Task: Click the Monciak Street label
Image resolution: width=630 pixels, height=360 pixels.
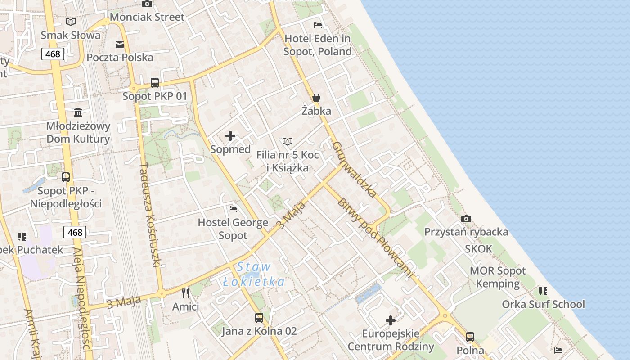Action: pyautogui.click(x=147, y=17)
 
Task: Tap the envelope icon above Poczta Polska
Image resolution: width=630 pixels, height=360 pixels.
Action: pyautogui.click(x=120, y=44)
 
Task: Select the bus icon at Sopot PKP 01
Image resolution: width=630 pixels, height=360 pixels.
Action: pyautogui.click(x=155, y=82)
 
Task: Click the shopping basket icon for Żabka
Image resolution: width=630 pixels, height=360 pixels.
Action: pyautogui.click(x=316, y=98)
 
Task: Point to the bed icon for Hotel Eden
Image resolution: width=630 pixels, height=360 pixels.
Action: pyautogui.click(x=318, y=25)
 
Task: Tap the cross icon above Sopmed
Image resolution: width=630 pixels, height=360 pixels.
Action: pyautogui.click(x=230, y=136)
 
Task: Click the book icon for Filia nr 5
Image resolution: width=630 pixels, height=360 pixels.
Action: pyautogui.click(x=288, y=142)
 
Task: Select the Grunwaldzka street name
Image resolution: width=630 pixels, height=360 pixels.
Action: pyautogui.click(x=354, y=170)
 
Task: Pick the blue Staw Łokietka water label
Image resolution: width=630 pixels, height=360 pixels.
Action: pyautogui.click(x=254, y=274)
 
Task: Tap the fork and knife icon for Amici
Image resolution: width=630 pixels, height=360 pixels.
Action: pyautogui.click(x=185, y=293)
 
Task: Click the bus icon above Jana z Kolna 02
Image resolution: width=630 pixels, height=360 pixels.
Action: pyautogui.click(x=259, y=318)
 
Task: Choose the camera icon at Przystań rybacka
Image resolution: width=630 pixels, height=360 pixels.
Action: pyautogui.click(x=466, y=219)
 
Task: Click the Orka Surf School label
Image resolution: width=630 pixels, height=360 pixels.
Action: pyautogui.click(x=543, y=304)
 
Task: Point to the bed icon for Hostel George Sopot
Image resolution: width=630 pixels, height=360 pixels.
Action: pyautogui.click(x=233, y=209)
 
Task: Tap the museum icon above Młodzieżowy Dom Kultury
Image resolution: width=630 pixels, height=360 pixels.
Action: pyautogui.click(x=78, y=112)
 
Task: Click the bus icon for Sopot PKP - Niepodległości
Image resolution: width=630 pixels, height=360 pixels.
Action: pyautogui.click(x=66, y=177)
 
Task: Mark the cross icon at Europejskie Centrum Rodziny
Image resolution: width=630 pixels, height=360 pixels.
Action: pyautogui.click(x=391, y=320)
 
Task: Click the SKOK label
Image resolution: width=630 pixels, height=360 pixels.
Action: pyautogui.click(x=479, y=249)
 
